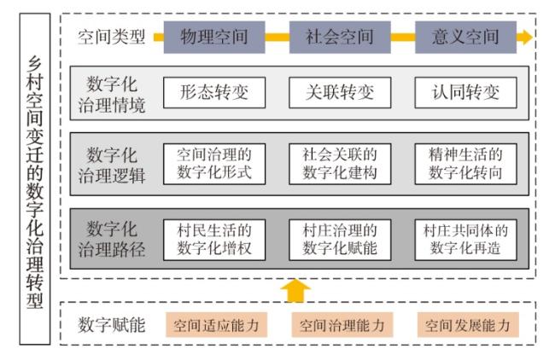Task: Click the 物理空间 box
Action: coord(214,38)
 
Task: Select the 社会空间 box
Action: coord(340,38)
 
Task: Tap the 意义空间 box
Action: coord(465,38)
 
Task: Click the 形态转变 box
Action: coord(214,93)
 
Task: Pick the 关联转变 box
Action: coord(340,93)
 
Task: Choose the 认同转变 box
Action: coord(465,93)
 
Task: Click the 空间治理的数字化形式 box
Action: coord(214,164)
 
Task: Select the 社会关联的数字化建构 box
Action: coord(340,164)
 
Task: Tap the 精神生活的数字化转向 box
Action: coord(465,164)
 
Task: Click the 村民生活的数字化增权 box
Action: coord(214,240)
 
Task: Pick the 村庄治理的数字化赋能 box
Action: coord(340,240)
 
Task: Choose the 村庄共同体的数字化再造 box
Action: coord(465,240)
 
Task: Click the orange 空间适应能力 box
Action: coord(216,325)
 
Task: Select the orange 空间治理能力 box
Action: coord(342,325)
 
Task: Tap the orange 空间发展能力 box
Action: coord(468,325)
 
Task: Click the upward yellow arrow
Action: coord(295,291)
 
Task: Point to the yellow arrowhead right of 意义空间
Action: coord(524,38)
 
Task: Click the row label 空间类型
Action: coord(112,37)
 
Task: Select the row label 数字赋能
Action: coord(112,325)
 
